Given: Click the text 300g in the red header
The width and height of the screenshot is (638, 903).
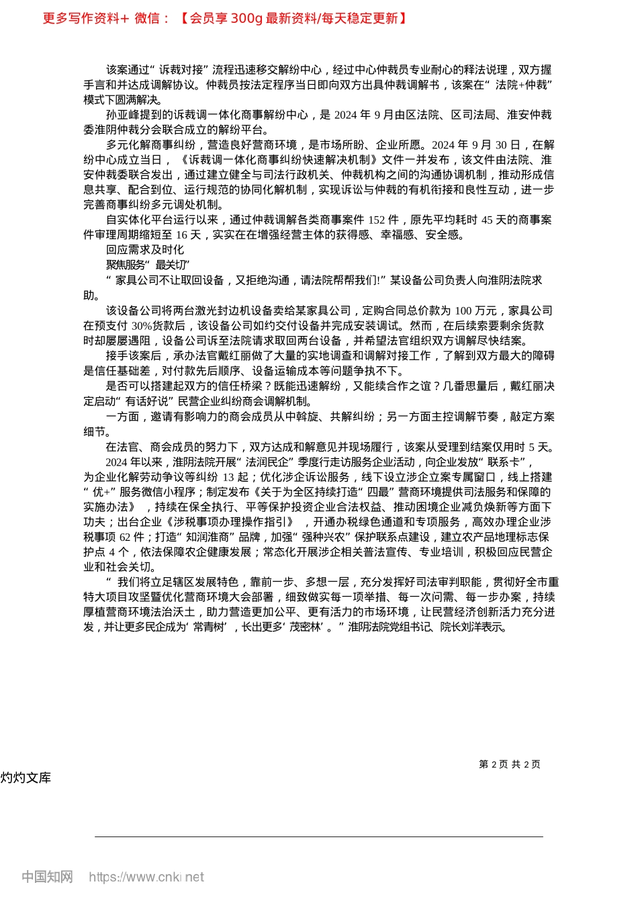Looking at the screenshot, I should [x=246, y=19].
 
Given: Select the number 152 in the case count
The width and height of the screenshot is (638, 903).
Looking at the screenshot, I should [x=378, y=220].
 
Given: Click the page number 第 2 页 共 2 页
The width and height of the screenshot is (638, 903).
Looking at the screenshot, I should [x=510, y=765].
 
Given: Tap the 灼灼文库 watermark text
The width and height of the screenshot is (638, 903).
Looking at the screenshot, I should [x=26, y=778].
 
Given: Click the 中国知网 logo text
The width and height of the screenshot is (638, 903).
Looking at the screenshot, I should [x=47, y=877].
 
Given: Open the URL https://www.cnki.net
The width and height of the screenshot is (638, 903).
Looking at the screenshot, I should [x=146, y=877].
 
